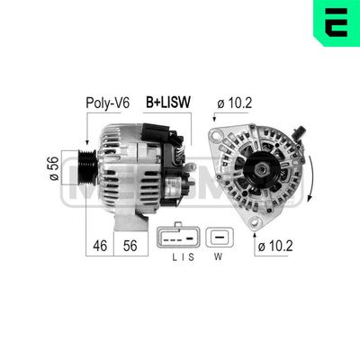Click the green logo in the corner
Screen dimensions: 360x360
tap(337, 22)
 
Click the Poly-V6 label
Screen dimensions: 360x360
tap(105, 103)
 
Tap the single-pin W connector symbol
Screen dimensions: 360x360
tap(220, 238)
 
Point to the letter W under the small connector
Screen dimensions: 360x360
tap(220, 261)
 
